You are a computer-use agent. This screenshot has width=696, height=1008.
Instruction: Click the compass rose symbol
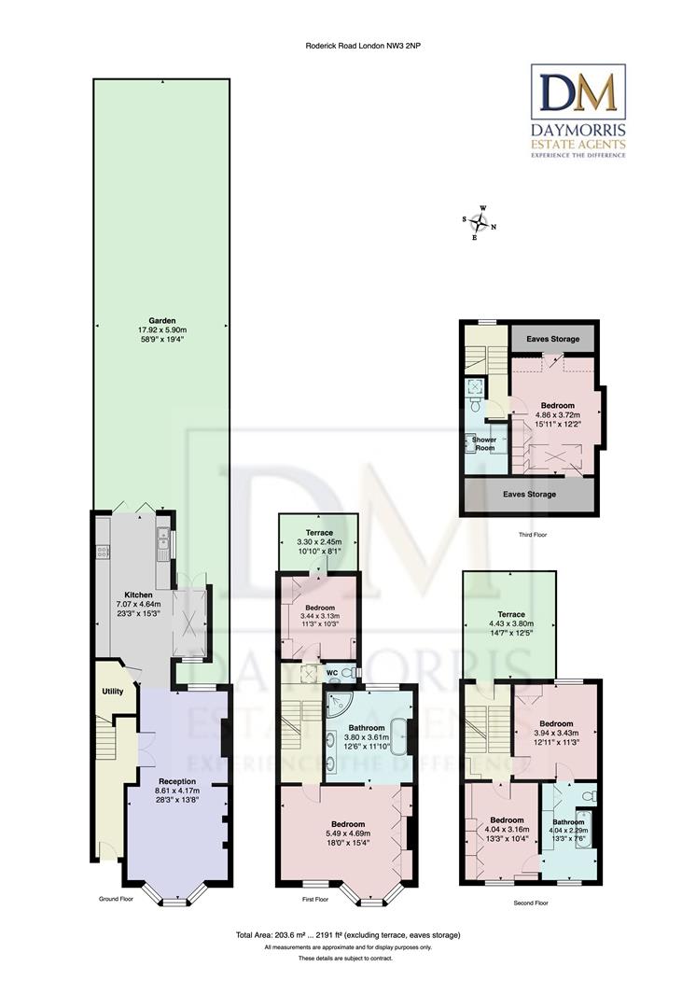[480, 223]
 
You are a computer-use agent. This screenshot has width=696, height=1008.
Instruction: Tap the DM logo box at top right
[578, 93]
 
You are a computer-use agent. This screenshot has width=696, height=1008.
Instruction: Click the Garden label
[161, 320]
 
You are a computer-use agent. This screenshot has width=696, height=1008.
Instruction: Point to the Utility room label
[112, 692]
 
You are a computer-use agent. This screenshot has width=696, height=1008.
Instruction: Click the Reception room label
[177, 780]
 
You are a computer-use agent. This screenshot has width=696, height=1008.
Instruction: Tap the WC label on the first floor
[331, 672]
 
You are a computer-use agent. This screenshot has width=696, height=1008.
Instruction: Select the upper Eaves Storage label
[553, 339]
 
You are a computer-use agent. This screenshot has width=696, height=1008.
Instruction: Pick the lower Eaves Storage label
[529, 494]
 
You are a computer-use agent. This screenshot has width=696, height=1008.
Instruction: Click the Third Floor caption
[534, 536]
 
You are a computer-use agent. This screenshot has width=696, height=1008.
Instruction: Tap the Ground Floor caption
[118, 900]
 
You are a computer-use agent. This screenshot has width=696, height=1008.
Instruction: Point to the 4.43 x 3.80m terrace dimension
[509, 603]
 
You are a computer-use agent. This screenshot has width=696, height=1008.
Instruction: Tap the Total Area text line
[348, 934]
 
